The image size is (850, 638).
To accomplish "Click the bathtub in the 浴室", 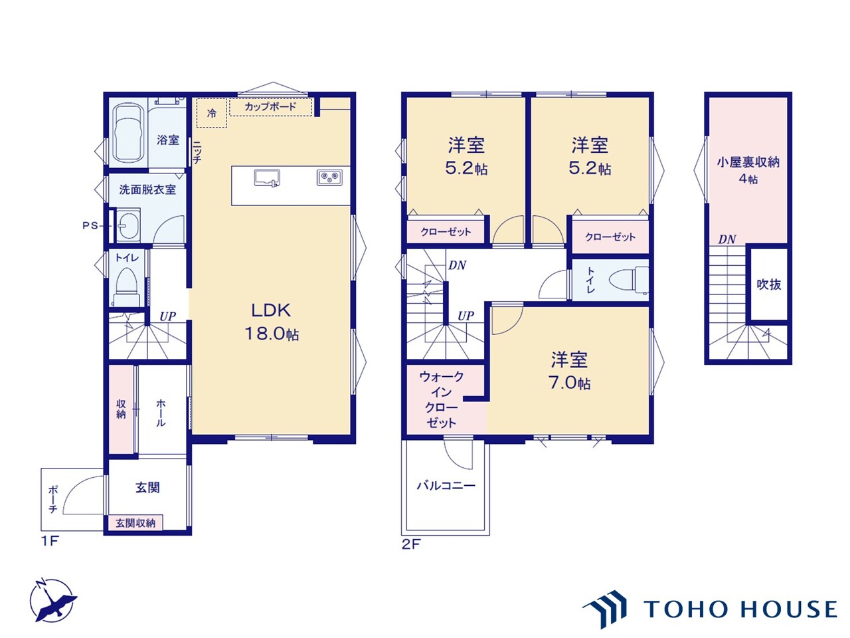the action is coord(127,132).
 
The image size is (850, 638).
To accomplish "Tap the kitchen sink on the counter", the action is coord(267,179).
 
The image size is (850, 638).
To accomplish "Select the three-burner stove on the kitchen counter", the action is coord(329,178).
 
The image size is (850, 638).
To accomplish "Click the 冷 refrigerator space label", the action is coord(211,113).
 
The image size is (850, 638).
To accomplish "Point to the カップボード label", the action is coord(270,106).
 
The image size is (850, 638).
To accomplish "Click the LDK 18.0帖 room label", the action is coord(272,322).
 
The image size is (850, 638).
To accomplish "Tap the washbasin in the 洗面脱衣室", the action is coord(127,225).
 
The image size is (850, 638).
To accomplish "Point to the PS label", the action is coord(90,225).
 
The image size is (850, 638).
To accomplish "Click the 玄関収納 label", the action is coord(135,523).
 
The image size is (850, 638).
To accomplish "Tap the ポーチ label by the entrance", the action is coord(53,499).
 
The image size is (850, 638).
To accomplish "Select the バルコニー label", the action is coord(446,485).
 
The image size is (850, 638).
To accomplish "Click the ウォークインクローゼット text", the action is coord(442,399).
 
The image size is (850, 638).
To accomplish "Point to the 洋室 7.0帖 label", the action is coord(569,371).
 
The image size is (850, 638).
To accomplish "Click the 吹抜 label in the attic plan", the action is coord(769,284).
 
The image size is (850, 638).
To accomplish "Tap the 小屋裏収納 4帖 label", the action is coord(748,170).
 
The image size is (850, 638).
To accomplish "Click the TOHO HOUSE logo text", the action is coord(740,609).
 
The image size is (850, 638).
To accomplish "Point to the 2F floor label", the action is coord(411,544).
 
